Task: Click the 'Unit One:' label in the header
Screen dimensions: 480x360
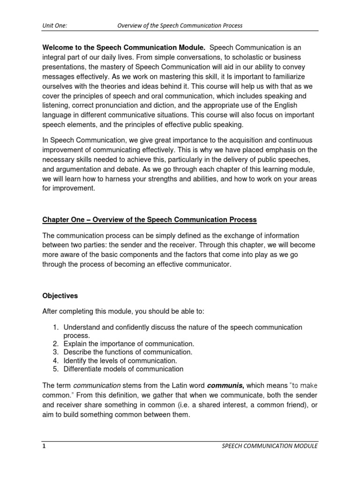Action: pyautogui.click(x=55, y=25)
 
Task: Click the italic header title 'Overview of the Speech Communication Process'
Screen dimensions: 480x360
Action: pyautogui.click(x=180, y=25)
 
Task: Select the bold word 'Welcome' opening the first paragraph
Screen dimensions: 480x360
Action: pyautogui.click(x=59, y=47)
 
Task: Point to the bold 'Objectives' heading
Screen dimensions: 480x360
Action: pyautogui.click(x=60, y=296)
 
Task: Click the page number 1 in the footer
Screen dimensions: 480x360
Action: pyautogui.click(x=44, y=446)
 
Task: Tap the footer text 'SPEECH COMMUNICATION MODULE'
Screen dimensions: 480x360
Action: pyautogui.click(x=270, y=446)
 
